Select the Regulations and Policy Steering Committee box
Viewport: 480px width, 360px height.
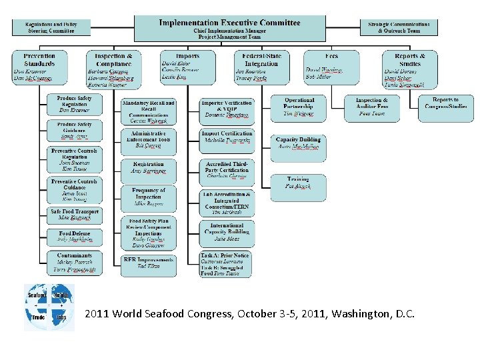51,27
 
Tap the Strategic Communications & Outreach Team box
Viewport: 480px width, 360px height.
399,27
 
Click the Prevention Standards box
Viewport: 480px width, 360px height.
39,67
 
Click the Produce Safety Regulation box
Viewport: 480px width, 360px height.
74,105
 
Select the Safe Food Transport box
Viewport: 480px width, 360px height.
74,215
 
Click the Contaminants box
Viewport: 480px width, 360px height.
74,262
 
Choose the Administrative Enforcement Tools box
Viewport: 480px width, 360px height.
148,141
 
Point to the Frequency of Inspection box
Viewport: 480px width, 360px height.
148,199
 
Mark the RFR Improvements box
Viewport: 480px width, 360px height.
148,263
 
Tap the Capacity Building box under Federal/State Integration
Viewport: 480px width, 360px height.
299,143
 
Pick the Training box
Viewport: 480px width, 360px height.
299,183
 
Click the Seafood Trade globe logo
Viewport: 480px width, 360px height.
49,307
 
